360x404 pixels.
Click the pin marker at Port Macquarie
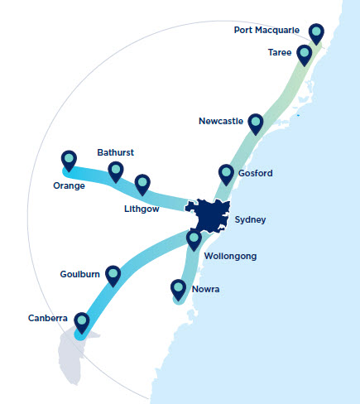point(316,32)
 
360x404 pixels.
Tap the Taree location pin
point(305,54)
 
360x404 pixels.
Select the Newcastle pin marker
point(256,123)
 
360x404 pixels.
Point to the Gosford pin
point(226,173)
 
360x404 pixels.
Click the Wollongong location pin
point(194,239)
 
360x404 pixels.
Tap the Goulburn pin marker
point(113,274)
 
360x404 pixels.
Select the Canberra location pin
point(82,321)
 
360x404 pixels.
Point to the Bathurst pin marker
point(116,171)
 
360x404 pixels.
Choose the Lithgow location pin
point(142,184)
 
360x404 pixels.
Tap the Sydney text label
point(251,220)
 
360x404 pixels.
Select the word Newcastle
point(221,122)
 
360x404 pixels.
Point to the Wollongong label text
point(230,257)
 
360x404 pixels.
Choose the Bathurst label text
point(115,152)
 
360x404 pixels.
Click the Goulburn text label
point(80,273)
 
